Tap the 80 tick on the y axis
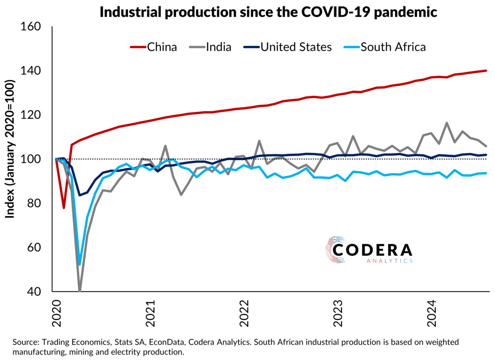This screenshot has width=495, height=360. tap(35, 203)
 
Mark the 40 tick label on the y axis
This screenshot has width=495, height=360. tap(35, 292)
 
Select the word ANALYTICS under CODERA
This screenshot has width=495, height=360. tap(390, 261)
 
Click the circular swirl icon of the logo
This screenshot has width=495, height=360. tap(336, 250)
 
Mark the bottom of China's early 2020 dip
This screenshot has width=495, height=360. tap(64, 208)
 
